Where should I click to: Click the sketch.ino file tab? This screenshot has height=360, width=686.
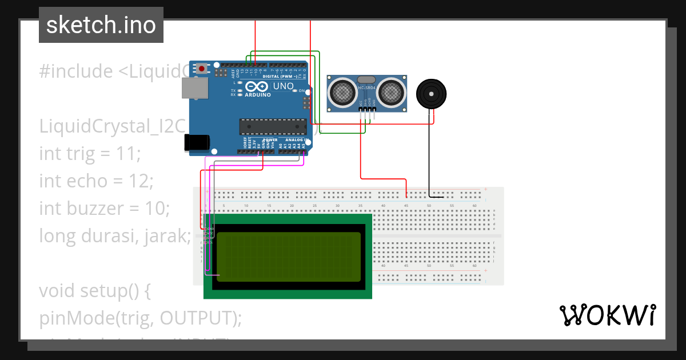pos(101,25)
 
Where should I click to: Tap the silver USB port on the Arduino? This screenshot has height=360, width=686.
pos(195,87)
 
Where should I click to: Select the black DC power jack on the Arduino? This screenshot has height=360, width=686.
pos(196,143)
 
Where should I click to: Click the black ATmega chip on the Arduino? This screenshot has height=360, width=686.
pos(273,127)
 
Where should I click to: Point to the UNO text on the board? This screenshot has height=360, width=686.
pos(283,86)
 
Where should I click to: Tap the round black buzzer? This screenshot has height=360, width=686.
pos(430,94)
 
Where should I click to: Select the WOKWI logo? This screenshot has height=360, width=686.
pos(607,315)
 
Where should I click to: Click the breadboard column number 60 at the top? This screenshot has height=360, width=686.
pos(474,205)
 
